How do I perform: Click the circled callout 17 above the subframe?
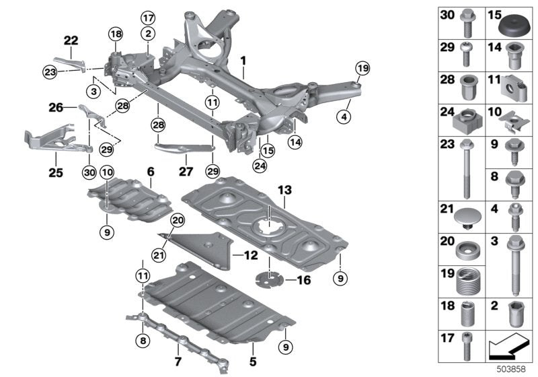[147, 18]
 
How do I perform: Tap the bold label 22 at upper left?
[71, 40]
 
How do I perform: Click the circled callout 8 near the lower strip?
[143, 341]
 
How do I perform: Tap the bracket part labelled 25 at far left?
[50, 139]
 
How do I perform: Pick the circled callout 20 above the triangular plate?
[177, 219]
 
